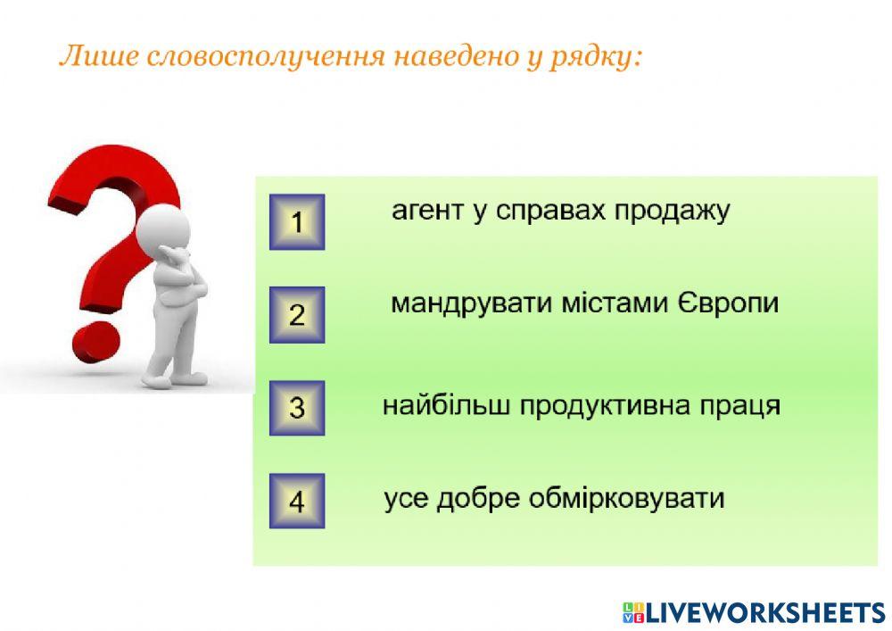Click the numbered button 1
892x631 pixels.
297,221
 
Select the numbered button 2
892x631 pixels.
297,314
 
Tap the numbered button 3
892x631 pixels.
297,408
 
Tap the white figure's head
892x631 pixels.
164,227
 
